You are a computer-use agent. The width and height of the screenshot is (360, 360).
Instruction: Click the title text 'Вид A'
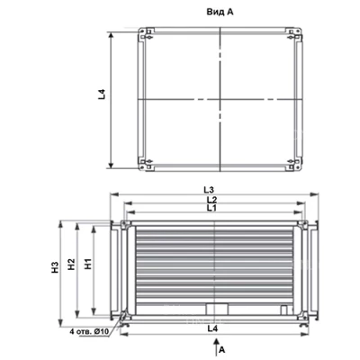[220, 12]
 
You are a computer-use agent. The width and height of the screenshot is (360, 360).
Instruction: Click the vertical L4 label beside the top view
[102, 94]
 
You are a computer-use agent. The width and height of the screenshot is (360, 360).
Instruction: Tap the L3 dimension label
[210, 190]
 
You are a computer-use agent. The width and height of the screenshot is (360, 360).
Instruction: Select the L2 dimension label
[211, 200]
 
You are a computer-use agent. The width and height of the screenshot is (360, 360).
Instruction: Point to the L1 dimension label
[211, 208]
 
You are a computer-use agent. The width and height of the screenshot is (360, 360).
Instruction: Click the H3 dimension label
[55, 267]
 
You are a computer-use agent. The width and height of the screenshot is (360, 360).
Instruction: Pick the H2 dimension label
[71, 264]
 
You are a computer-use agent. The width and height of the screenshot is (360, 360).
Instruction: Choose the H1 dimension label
[88, 263]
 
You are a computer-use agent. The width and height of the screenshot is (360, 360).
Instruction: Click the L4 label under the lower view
[212, 328]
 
